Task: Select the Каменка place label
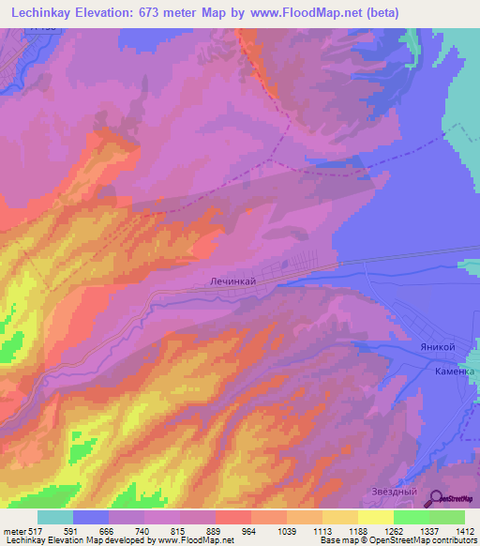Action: point(455,372)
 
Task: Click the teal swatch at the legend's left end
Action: point(55,517)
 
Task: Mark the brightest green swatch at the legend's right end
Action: point(447,517)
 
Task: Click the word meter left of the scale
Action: point(13,530)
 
